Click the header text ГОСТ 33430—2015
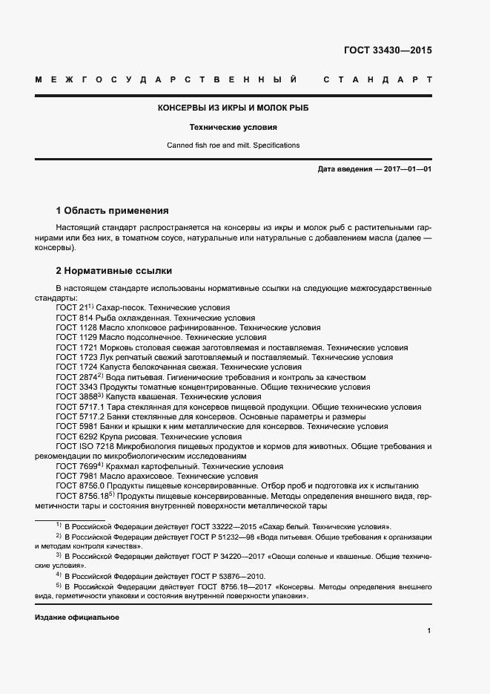[x=388, y=51]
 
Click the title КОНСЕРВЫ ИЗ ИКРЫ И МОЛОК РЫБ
[x=234, y=108]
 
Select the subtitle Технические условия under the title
[x=234, y=127]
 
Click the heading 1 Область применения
[x=113, y=211]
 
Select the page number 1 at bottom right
[x=429, y=631]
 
